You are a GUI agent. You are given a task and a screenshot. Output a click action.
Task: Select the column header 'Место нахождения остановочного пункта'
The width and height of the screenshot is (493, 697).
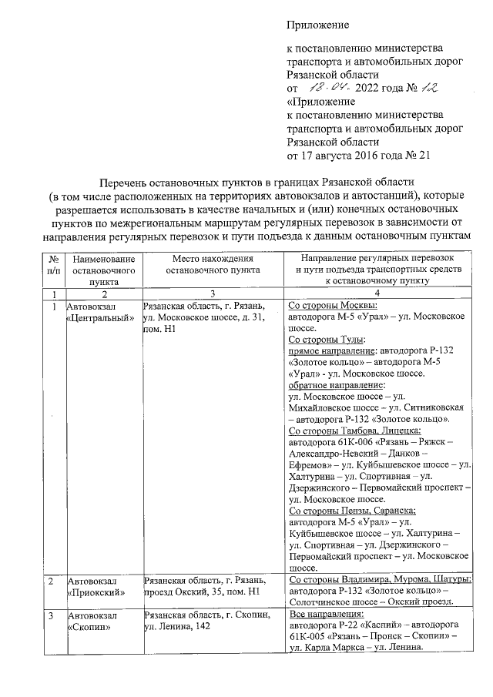click(213, 264)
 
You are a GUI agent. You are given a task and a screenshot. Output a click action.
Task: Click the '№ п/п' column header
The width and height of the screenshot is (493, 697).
click(54, 264)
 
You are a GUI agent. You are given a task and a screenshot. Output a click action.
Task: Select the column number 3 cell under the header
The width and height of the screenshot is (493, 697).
click(213, 295)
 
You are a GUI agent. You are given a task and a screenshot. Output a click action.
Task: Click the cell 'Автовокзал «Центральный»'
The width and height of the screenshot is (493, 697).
click(96, 312)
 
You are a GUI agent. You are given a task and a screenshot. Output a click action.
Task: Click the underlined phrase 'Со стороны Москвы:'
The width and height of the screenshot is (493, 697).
click(332, 306)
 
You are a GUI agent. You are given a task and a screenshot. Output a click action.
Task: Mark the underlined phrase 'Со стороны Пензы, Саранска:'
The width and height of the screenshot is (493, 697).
click(351, 511)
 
